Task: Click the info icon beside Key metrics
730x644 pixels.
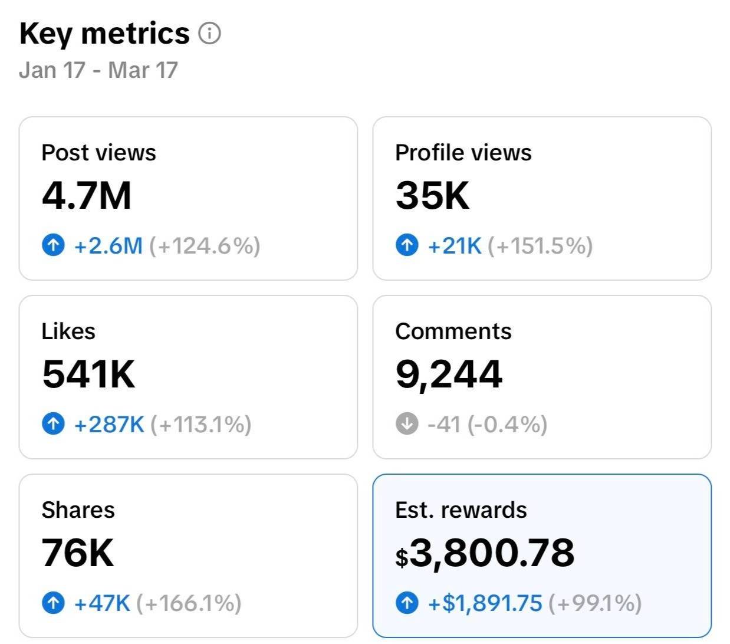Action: point(209,34)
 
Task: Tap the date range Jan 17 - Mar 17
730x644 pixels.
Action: point(98,70)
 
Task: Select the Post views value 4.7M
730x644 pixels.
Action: point(87,196)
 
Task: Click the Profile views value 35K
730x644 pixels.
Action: point(432,196)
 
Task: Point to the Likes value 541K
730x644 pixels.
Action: point(88,374)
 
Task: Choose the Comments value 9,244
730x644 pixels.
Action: point(449,374)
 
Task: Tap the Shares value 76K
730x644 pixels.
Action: point(78,553)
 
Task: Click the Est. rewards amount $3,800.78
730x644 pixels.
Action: point(485,553)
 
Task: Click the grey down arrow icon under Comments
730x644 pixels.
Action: point(407,423)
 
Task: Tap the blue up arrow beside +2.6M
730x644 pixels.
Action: point(54,245)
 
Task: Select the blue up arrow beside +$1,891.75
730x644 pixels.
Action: point(407,603)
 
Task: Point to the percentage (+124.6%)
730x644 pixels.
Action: point(205,245)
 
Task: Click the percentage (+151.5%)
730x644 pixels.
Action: point(540,245)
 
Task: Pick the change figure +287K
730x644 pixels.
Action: point(109,424)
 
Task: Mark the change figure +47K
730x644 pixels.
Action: point(102,603)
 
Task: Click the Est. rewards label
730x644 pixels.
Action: point(461,510)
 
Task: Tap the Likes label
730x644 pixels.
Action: point(68,331)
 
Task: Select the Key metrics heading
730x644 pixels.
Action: point(104,34)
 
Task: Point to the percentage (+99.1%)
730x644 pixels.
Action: point(594,603)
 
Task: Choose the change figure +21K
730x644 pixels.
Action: point(455,245)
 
